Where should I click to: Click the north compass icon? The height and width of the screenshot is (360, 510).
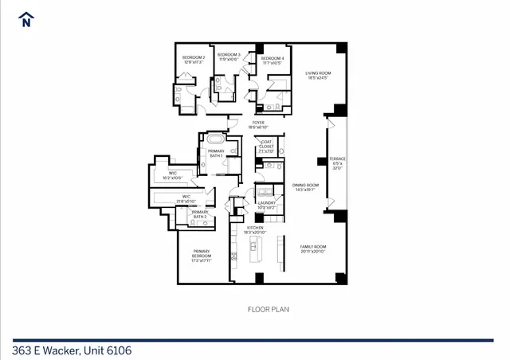[x=26, y=19]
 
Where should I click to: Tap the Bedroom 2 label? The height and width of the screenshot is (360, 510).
[x=194, y=60]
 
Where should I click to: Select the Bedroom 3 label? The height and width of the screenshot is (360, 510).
[x=229, y=57]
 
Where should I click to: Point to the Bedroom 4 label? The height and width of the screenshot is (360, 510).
[x=272, y=60]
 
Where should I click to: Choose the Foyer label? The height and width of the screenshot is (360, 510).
[x=258, y=125]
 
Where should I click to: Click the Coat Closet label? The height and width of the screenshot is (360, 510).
[x=265, y=148]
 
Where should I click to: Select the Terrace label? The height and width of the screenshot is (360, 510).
[x=337, y=163]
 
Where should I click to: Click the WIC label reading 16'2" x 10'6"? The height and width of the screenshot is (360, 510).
[x=172, y=175]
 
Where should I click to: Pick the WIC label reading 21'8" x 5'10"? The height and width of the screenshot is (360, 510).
[x=186, y=198]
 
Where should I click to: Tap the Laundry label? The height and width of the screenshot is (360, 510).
[x=267, y=205]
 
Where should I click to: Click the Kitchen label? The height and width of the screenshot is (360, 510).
[x=255, y=229]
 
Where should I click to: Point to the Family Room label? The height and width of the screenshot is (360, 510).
[x=312, y=248]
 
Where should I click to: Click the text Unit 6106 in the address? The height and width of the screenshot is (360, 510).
[x=104, y=350]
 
